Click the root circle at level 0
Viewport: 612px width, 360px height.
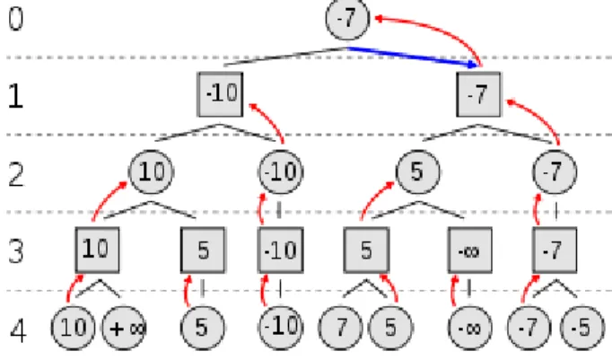click(x=348, y=18)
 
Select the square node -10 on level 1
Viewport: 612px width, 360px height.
click(x=221, y=94)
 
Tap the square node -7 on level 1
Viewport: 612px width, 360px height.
click(x=478, y=94)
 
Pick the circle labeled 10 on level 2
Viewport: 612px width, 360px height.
click(x=151, y=171)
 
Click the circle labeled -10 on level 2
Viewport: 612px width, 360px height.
click(x=281, y=171)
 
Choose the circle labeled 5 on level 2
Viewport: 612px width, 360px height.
click(x=417, y=171)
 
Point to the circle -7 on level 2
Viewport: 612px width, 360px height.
click(x=555, y=171)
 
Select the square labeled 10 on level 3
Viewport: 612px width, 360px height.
click(x=97, y=250)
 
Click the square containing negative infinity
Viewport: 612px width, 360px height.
click(x=469, y=250)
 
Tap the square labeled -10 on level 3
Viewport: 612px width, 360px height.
click(x=281, y=250)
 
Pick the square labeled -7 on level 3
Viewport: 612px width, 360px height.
click(x=555, y=250)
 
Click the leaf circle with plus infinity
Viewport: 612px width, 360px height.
click(x=124, y=329)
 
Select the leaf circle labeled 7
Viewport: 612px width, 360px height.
click(x=341, y=329)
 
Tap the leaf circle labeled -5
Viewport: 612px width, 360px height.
click(x=582, y=329)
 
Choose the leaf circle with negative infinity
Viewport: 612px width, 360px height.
click(x=470, y=329)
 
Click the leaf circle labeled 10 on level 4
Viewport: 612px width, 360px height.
click(x=73, y=329)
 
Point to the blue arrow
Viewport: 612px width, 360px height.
click(x=413, y=57)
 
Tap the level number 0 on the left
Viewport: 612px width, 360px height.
click(x=15, y=19)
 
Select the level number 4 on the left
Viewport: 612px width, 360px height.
click(x=18, y=331)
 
